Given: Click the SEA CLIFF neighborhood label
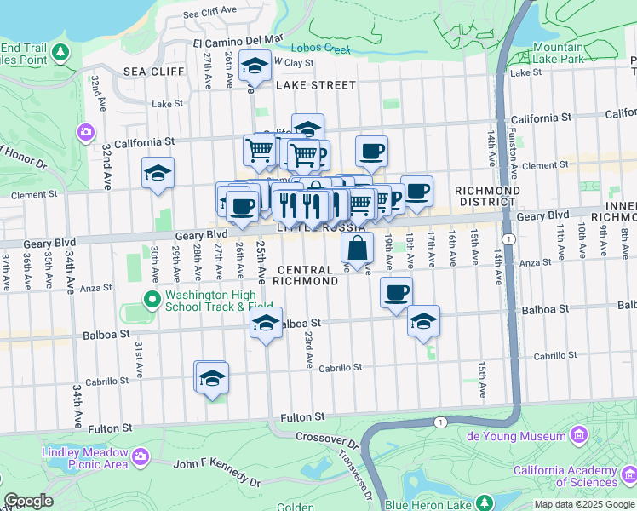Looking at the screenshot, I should coord(153,72).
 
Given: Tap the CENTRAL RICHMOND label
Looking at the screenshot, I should coord(307,274).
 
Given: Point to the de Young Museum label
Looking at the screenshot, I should coord(517,436).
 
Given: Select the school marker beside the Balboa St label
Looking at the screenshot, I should coord(267,324).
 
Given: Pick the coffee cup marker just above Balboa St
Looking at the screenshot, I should coord(396,293).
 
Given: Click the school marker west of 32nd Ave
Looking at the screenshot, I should coord(158,173).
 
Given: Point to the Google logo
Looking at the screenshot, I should coord(28,502).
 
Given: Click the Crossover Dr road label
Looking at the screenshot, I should coord(328,440).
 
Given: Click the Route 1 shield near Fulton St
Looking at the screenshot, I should coord(439,422).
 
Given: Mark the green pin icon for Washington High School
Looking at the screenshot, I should coord(152,299).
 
